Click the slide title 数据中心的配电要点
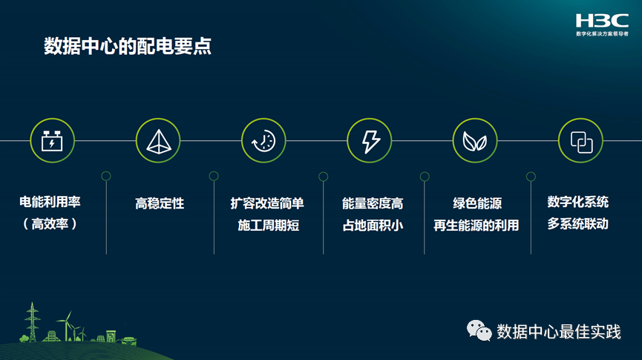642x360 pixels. click(128, 47)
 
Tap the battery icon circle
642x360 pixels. click(52, 140)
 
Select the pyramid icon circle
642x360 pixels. click(158, 140)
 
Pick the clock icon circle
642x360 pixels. click(263, 140)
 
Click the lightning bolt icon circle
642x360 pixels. click(370, 140)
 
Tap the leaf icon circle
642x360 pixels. click(475, 140)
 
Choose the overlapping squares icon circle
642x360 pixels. click(580, 140)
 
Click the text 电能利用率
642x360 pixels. click(50, 203)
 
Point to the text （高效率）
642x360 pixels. click(50, 223)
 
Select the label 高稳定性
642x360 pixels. click(160, 203)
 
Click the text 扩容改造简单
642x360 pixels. click(267, 203)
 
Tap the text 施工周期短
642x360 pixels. click(268, 226)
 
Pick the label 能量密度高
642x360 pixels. click(373, 203)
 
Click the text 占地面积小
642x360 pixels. click(373, 226)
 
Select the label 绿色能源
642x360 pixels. click(476, 203)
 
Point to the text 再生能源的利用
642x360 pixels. click(476, 226)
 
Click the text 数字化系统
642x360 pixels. click(578, 202)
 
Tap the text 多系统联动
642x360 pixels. click(578, 223)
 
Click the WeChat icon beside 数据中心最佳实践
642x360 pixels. click(479, 330)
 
